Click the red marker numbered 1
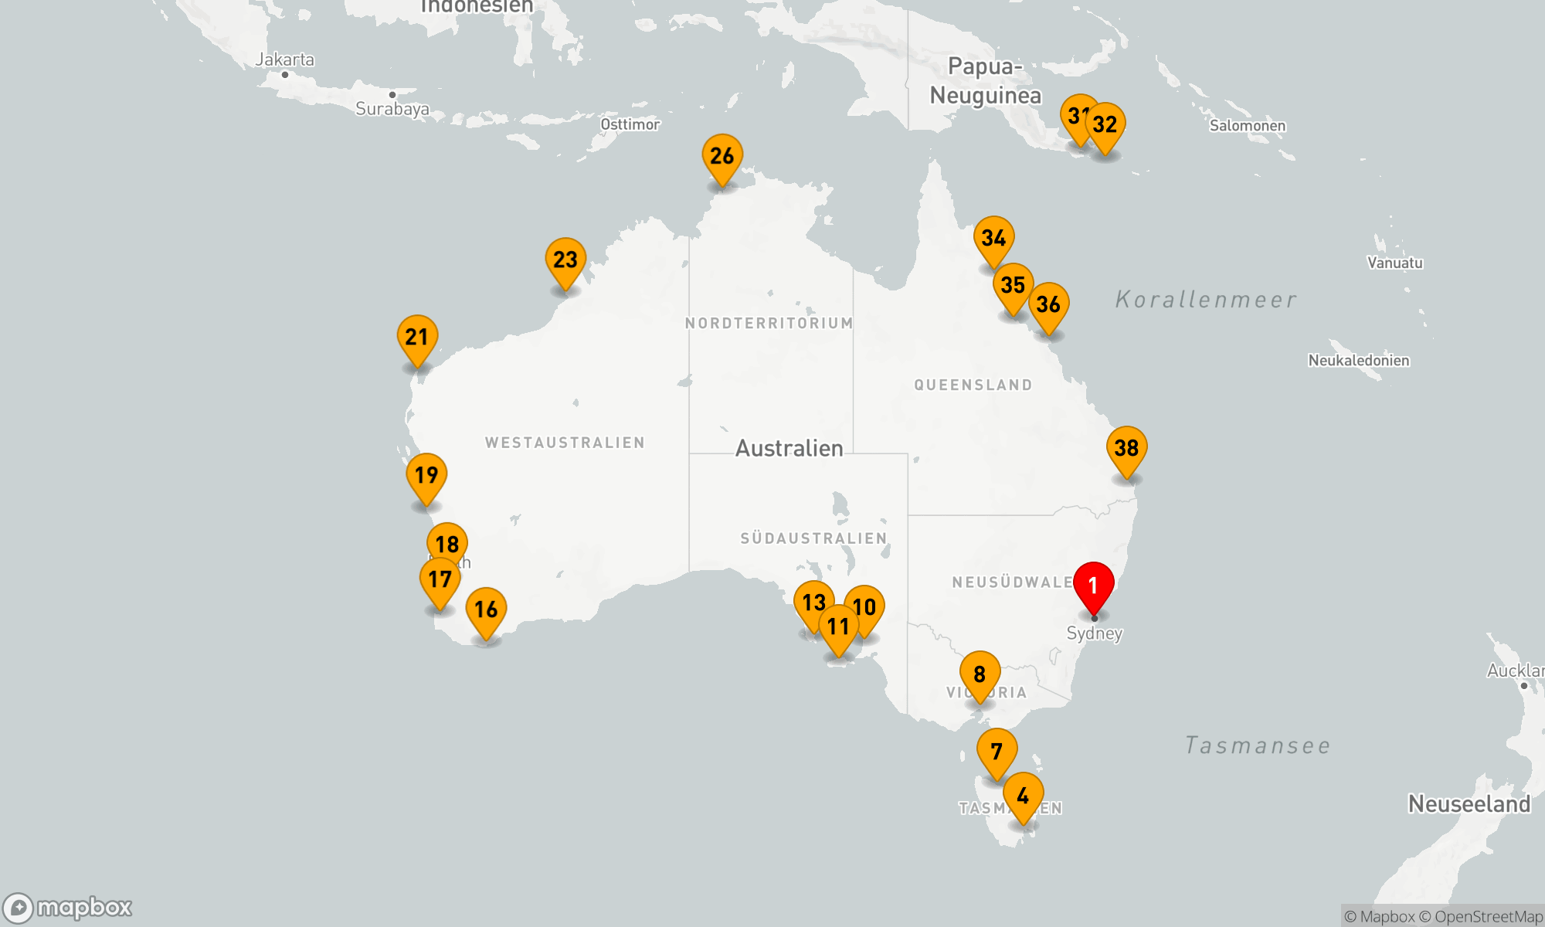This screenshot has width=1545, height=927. [x=1093, y=586]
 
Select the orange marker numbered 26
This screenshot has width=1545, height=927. [x=722, y=157]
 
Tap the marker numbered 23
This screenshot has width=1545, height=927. [x=565, y=260]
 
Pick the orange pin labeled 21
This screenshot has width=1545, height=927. [x=417, y=338]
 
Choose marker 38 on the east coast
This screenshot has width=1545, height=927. [x=1126, y=449]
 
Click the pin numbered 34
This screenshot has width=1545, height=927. [x=993, y=239]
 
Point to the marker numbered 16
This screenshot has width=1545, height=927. [x=486, y=610]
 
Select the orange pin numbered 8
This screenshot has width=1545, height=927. [x=980, y=675]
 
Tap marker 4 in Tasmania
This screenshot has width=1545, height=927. [x=1023, y=796]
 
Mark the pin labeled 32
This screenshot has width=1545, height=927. [x=1105, y=125]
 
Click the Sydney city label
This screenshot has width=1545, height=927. [x=1094, y=633]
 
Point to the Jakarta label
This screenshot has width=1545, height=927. [x=285, y=59]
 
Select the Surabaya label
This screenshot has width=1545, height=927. [x=392, y=109]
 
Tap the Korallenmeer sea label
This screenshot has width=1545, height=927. [x=1206, y=300]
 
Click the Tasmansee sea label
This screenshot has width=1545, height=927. [x=1258, y=745]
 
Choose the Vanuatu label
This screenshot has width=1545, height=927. [x=1394, y=263]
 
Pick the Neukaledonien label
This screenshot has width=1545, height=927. [x=1358, y=360]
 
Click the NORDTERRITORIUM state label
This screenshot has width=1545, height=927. [x=769, y=323]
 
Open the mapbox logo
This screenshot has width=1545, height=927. [x=68, y=908]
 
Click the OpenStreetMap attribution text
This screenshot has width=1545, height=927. [x=1488, y=917]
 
